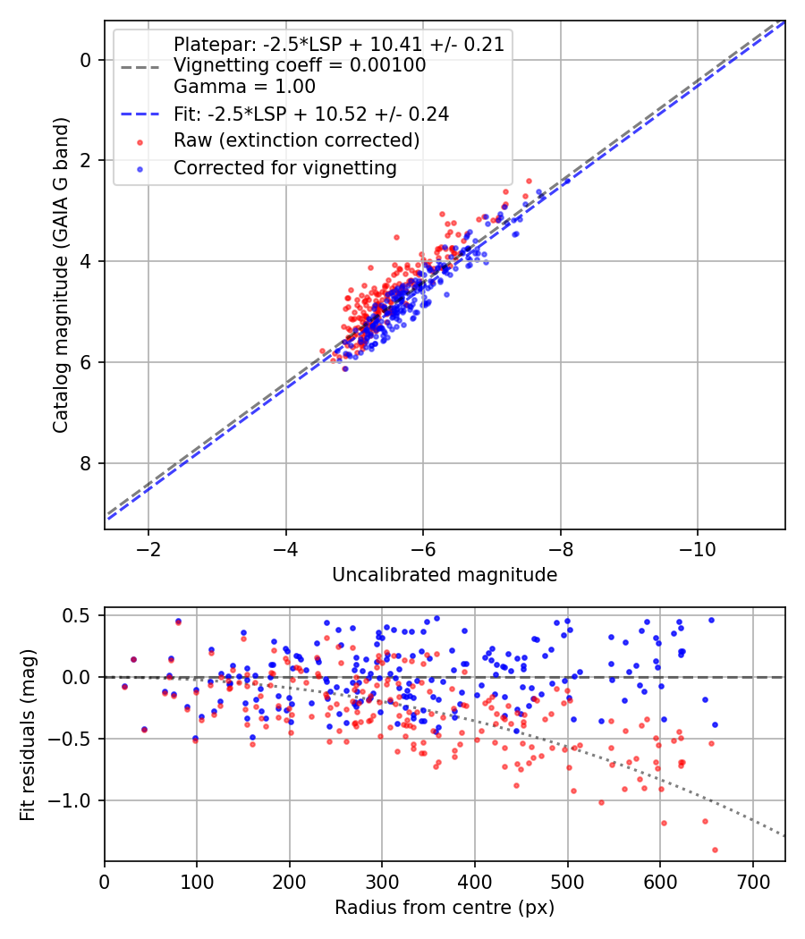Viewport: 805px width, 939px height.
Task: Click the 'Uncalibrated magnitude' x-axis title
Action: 445,575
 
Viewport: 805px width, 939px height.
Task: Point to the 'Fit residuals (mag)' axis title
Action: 28,734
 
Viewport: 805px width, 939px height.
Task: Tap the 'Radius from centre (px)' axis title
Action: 445,908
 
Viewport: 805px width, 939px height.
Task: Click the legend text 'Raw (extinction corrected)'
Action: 296,140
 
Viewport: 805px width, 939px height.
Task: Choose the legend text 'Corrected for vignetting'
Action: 285,168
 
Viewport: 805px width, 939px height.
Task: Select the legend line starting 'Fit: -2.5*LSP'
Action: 310,114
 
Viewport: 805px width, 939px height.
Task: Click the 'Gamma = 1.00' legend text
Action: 244,87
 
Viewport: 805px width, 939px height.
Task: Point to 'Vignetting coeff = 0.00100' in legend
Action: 300,65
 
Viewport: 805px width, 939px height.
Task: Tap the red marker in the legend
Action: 139,141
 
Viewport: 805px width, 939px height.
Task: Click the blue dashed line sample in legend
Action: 139,114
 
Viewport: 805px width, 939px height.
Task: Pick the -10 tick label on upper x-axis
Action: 698,548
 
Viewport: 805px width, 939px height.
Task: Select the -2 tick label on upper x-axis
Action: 148,548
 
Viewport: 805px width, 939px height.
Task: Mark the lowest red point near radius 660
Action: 715,850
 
